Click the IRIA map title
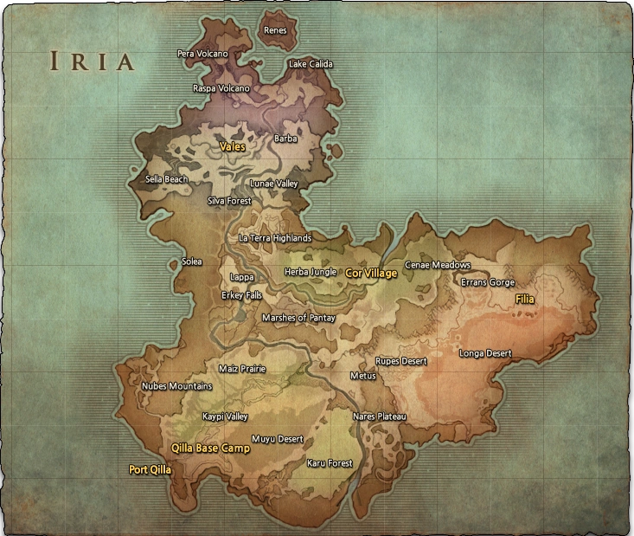(x=92, y=61)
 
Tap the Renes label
(x=275, y=30)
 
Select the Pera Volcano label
(x=202, y=54)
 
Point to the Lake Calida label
(x=311, y=64)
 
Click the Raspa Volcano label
(x=221, y=88)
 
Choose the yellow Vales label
(x=232, y=147)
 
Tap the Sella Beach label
(x=166, y=180)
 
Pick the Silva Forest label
(x=229, y=201)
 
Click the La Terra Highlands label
(x=275, y=238)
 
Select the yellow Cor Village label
(x=371, y=274)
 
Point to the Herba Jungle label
(x=311, y=272)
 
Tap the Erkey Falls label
(x=241, y=295)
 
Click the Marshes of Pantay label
(x=298, y=318)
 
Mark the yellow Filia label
(x=525, y=299)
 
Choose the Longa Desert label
(x=484, y=353)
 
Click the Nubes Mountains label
(x=176, y=386)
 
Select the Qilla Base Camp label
(x=210, y=449)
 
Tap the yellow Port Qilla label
(x=150, y=470)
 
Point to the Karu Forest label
(x=330, y=463)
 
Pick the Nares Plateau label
(x=379, y=417)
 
